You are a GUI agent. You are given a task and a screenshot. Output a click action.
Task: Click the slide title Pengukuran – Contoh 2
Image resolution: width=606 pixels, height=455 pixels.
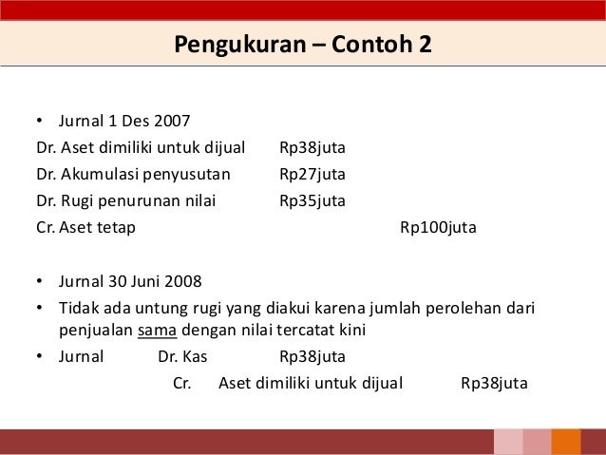pyautogui.click(x=302, y=44)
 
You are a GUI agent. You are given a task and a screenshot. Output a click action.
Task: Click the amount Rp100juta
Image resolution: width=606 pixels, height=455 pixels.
pyautogui.click(x=438, y=228)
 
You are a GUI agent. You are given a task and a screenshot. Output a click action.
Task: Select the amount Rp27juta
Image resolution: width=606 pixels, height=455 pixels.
pyautogui.click(x=312, y=175)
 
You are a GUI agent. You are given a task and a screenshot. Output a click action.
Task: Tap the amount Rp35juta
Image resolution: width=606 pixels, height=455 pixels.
pyautogui.click(x=312, y=201)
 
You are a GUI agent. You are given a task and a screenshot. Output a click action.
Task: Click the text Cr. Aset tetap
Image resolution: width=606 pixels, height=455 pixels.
pyautogui.click(x=86, y=228)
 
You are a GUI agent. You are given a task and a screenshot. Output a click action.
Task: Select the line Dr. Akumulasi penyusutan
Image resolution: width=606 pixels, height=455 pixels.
pyautogui.click(x=127, y=175)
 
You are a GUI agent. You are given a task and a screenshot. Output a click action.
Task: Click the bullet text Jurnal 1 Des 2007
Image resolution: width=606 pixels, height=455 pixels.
pyautogui.click(x=124, y=121)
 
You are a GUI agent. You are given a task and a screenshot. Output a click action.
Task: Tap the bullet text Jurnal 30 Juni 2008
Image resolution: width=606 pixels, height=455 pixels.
pyautogui.click(x=130, y=281)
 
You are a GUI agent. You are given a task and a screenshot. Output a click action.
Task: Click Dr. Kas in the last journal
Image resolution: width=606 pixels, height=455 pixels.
pyautogui.click(x=182, y=357)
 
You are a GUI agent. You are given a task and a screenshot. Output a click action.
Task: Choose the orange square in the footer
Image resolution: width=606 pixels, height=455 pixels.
pyautogui.click(x=566, y=442)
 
